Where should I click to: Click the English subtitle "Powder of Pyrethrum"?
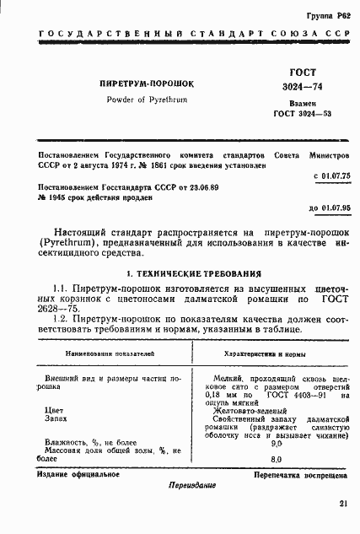coord(147,100)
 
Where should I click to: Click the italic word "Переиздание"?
coord(192,486)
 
